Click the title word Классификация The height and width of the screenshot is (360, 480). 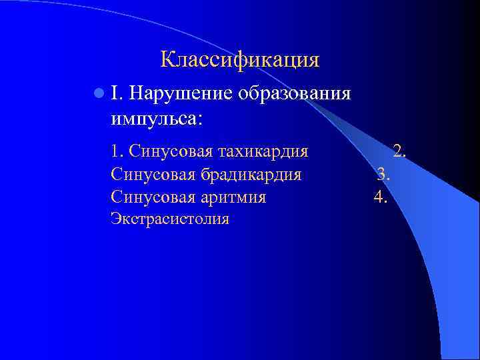click(240, 60)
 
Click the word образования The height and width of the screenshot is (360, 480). click(293, 93)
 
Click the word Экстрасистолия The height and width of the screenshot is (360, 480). click(170, 219)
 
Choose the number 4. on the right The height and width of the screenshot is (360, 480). click(381, 197)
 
